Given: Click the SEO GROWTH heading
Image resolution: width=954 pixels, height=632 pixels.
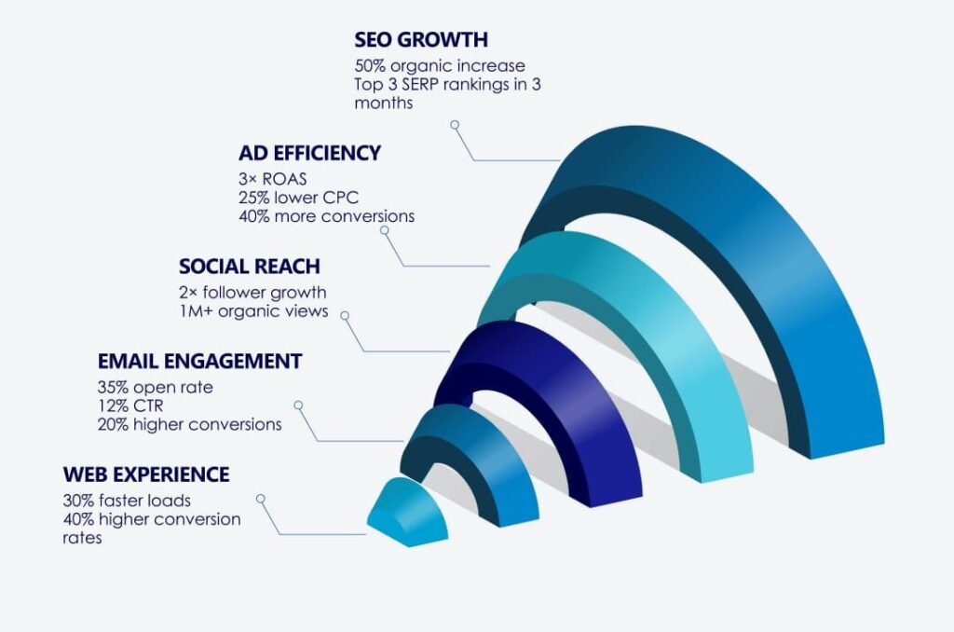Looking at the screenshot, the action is click(421, 39).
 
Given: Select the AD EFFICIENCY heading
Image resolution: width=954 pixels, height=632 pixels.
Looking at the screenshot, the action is click(309, 153).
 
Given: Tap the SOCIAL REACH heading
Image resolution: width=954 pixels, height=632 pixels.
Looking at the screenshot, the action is click(250, 266).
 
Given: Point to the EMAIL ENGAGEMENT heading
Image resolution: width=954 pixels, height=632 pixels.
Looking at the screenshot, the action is click(199, 361).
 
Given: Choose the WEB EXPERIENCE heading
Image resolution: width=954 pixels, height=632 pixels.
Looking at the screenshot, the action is click(146, 474).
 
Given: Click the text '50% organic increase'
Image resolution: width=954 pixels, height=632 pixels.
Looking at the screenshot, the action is click(440, 66).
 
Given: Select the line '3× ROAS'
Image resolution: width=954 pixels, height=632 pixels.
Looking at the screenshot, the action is click(273, 179).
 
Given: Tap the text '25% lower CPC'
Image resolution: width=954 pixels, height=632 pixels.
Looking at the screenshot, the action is click(298, 198).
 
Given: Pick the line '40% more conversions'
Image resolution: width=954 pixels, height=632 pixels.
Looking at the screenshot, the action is click(327, 216).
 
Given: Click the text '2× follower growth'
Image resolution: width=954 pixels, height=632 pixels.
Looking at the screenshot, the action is click(252, 293).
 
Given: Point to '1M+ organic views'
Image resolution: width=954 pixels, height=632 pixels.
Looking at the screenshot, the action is click(253, 311).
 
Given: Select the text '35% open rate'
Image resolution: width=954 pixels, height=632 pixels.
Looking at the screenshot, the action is click(156, 388).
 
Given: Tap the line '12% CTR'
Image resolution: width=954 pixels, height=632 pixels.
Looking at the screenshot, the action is click(130, 406).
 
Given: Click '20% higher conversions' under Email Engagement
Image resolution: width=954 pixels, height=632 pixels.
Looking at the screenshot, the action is click(189, 424).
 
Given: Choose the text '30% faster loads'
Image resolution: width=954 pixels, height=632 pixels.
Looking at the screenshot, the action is click(127, 501).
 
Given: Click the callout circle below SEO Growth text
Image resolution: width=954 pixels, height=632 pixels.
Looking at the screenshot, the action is click(455, 125).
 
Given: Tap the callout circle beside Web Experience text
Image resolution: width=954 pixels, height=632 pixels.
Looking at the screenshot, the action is click(261, 499).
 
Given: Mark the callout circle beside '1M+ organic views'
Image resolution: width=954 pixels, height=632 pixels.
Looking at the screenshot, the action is click(345, 315).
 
